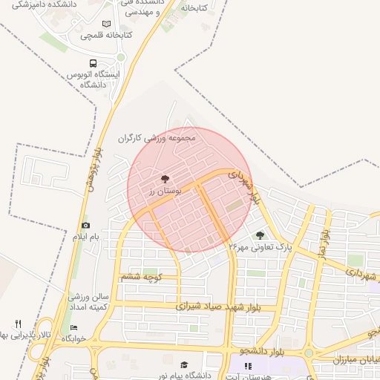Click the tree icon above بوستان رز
(x=164, y=179)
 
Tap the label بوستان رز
(x=160, y=191)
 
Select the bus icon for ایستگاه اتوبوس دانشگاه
(x=93, y=64)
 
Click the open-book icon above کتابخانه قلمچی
(x=108, y=24)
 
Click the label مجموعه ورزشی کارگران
(x=157, y=138)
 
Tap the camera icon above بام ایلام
(x=85, y=225)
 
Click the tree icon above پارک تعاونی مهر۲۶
(x=260, y=235)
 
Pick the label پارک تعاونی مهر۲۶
(x=261, y=246)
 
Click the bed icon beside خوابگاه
(x=73, y=327)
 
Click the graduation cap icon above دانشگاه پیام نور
(x=184, y=364)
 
